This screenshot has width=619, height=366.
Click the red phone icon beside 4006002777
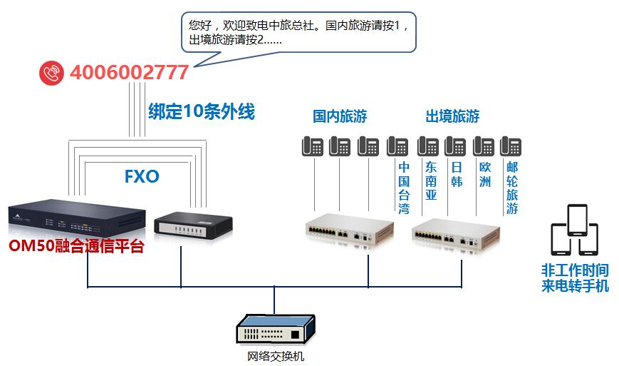pyautogui.click(x=51, y=73)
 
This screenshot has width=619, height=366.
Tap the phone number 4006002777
pyautogui.click(x=129, y=73)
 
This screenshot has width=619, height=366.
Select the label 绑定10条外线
pyautogui.click(x=201, y=112)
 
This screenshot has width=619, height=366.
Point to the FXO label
pyautogui.click(x=141, y=176)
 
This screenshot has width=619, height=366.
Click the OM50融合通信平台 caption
pyautogui.click(x=76, y=247)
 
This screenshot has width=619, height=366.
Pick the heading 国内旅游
pyautogui.click(x=340, y=116)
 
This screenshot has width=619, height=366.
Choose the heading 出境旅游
pyautogui.click(x=452, y=116)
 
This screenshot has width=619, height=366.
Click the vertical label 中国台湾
pyautogui.click(x=404, y=188)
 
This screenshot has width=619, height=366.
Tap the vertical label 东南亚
pyautogui.click(x=431, y=181)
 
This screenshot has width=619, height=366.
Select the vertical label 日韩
pyautogui.click(x=457, y=174)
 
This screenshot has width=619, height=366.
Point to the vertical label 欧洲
pyautogui.click(x=485, y=174)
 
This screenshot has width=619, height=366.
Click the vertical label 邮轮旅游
pyautogui.click(x=512, y=188)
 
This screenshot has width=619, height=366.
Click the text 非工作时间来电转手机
pyautogui.click(x=575, y=278)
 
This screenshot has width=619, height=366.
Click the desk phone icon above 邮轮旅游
pyautogui.click(x=511, y=146)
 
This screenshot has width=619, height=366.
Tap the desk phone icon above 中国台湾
pyautogui.click(x=397, y=146)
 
